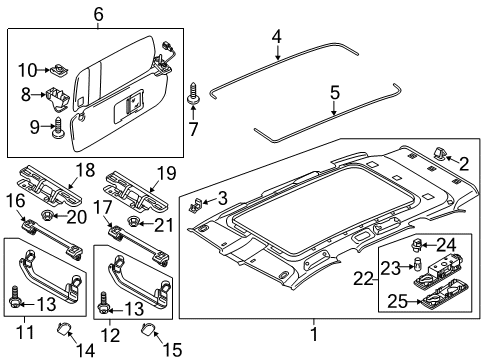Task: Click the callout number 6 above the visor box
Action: [98, 14]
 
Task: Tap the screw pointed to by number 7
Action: [193, 93]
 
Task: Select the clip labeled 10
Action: [60, 70]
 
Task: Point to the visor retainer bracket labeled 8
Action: [56, 97]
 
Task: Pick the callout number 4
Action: [277, 36]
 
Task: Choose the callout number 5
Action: [335, 92]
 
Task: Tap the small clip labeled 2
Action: [440, 154]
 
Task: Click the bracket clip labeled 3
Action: [194, 205]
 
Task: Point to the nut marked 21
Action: [133, 221]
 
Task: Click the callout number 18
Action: [85, 170]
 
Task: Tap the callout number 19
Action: [166, 173]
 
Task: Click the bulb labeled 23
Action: [417, 264]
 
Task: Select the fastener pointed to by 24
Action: [416, 246]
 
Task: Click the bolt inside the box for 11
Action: [15, 297]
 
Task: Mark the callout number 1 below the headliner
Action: [314, 334]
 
